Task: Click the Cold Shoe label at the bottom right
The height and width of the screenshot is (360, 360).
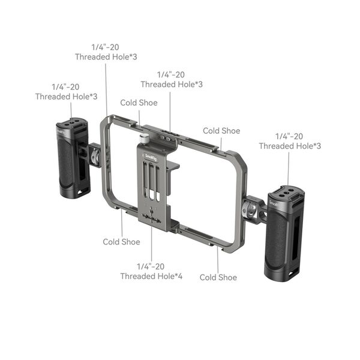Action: [218, 277]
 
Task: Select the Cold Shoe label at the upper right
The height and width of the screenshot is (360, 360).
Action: [221, 130]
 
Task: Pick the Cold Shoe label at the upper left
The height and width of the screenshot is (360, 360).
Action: [139, 103]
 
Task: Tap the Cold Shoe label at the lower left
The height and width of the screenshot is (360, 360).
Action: [121, 242]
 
